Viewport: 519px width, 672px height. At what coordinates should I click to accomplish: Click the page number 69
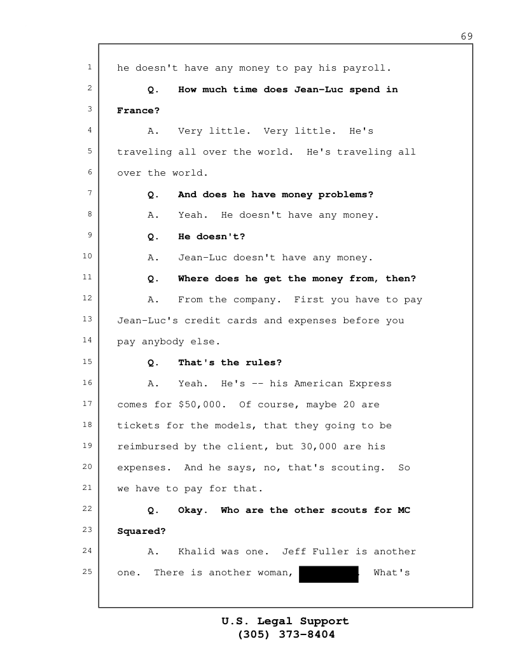point(467,36)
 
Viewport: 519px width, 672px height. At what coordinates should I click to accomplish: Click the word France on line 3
point(135,111)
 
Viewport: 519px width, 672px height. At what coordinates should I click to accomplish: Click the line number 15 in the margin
point(88,362)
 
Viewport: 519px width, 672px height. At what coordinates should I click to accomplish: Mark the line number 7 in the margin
point(88,193)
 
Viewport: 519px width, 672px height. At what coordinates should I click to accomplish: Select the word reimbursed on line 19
point(148,447)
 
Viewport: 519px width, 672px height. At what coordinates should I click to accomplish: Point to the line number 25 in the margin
point(88,572)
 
